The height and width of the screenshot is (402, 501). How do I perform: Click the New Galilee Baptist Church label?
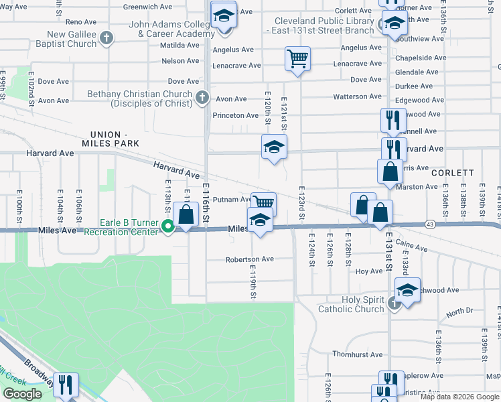(x=72, y=39)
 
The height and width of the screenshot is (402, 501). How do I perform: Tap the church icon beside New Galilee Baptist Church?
(x=106, y=39)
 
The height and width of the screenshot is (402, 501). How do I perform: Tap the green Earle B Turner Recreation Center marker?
(x=168, y=227)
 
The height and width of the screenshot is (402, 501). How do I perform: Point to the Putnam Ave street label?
(x=231, y=199)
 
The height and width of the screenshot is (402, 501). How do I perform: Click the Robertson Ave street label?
(x=249, y=259)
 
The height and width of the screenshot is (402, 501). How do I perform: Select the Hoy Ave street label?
(x=368, y=271)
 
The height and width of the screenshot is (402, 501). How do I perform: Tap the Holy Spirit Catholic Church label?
(x=351, y=304)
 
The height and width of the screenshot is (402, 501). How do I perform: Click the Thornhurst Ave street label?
(x=356, y=354)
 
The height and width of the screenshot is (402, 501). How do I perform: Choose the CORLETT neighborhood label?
(x=452, y=173)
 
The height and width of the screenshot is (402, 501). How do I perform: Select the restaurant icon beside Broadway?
(x=66, y=385)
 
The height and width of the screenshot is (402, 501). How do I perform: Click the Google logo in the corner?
(x=22, y=394)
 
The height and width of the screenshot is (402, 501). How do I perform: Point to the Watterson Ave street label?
(x=357, y=97)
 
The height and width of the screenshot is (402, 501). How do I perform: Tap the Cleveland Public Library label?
(x=319, y=25)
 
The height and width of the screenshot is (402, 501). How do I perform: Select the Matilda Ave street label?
(x=180, y=46)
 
